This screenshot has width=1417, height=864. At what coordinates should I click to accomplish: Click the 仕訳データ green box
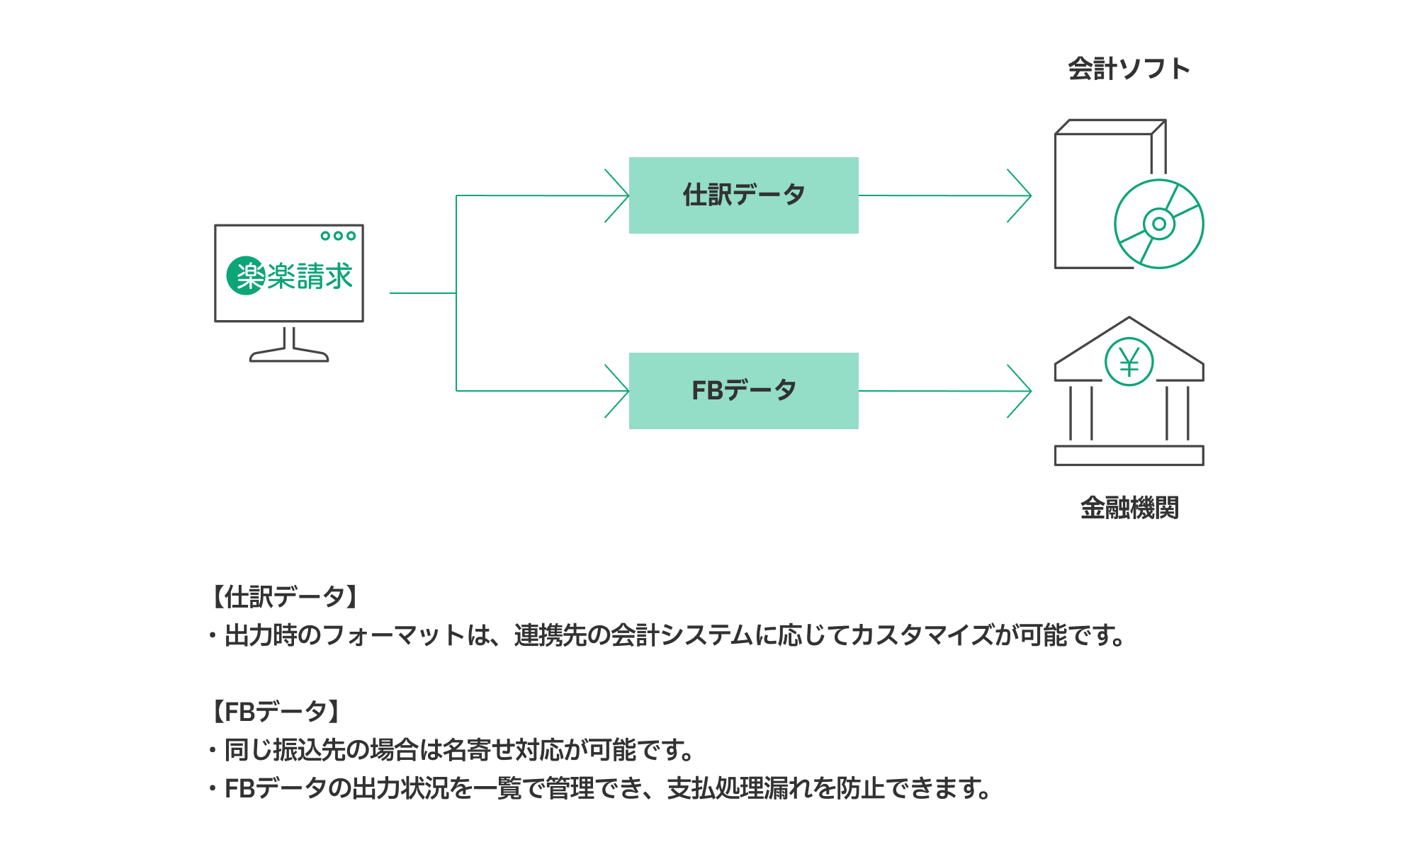[x=743, y=195]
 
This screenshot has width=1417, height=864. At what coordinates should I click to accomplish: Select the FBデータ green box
[x=743, y=391]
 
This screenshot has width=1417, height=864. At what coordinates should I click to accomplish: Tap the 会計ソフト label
[x=1129, y=69]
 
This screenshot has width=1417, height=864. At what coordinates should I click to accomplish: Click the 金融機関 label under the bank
[x=1129, y=508]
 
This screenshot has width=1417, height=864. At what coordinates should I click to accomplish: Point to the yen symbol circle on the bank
[x=1129, y=362]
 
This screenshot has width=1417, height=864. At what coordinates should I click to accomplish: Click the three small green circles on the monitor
[x=338, y=236]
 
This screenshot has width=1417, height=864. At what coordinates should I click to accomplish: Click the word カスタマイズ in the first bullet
[x=922, y=635]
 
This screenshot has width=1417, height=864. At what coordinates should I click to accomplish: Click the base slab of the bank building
[x=1129, y=455]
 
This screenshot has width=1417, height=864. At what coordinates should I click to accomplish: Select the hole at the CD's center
[x=1159, y=224]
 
